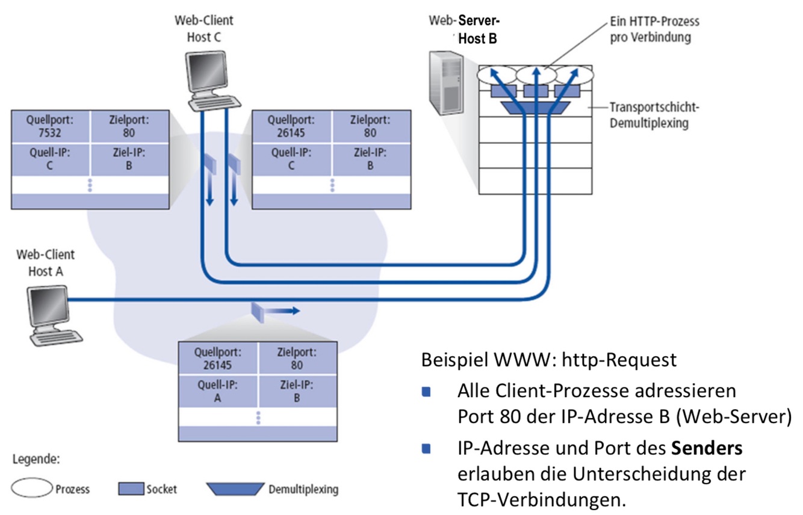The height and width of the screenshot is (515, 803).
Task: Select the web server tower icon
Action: pyautogui.click(x=446, y=83)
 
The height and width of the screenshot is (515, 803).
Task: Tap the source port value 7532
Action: pyautogui.click(x=50, y=133)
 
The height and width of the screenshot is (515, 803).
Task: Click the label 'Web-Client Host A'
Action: pyautogui.click(x=46, y=263)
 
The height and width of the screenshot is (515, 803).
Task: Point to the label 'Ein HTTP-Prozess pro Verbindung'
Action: pyautogui.click(x=654, y=29)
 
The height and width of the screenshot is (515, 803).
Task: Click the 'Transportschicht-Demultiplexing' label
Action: pyautogui.click(x=654, y=115)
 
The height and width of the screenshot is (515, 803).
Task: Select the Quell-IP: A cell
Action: pyautogui.click(x=217, y=391)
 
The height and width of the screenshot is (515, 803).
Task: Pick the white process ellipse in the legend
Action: pyautogui.click(x=32, y=487)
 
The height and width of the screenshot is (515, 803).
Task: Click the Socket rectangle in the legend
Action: pyautogui.click(x=131, y=489)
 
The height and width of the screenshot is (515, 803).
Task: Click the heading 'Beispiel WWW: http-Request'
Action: pyautogui.click(x=549, y=360)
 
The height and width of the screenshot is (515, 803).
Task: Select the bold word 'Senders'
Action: pyautogui.click(x=707, y=448)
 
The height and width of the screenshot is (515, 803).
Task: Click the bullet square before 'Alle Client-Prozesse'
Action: pyautogui.click(x=426, y=392)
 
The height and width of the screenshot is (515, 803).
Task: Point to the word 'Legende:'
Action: pyautogui.click(x=36, y=459)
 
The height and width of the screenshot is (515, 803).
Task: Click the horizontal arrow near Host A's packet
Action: pyautogui.click(x=282, y=310)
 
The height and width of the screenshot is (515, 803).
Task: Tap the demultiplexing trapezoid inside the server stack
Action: pyautogui.click(x=535, y=108)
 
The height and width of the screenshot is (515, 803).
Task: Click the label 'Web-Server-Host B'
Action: pyautogui.click(x=464, y=29)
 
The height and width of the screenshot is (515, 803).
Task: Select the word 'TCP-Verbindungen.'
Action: pyautogui.click(x=542, y=499)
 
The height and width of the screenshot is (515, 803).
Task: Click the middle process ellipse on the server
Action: pyautogui.click(x=536, y=75)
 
